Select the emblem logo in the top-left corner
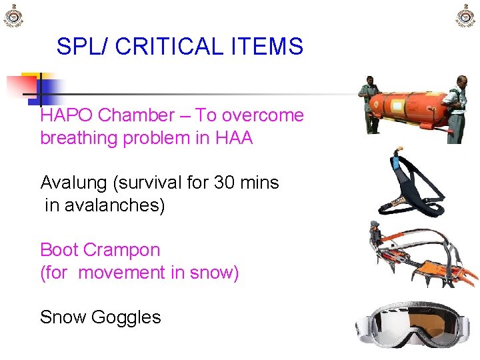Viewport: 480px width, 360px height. coord(14,16)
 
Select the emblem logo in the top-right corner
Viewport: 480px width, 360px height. coord(466,16)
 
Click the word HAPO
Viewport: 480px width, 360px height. coord(67,115)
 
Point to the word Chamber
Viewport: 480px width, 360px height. coord(135,115)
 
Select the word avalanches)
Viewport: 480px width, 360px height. coord(104,206)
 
